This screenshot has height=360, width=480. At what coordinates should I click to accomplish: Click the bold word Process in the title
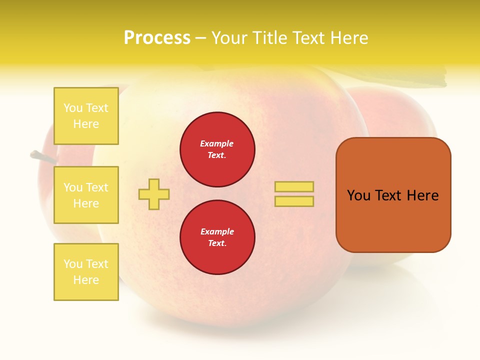[157, 38]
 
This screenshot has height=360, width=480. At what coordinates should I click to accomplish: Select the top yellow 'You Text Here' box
[86, 116]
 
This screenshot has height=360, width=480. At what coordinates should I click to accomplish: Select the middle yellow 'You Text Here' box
[86, 195]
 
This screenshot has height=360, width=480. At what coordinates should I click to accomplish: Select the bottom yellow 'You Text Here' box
[86, 272]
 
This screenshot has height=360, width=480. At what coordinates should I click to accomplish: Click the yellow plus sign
[154, 194]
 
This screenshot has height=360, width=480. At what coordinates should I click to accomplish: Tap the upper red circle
[217, 149]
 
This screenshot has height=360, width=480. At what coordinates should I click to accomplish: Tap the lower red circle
[217, 237]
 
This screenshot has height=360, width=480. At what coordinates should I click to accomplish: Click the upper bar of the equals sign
[294, 186]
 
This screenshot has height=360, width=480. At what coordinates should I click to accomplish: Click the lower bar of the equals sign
[294, 201]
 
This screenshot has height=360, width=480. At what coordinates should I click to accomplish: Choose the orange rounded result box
[393, 195]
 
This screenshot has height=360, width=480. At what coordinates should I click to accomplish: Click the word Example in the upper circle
[217, 143]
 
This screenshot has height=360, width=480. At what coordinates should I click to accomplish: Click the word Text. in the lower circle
[217, 243]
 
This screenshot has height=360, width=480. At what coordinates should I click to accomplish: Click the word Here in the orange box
[422, 195]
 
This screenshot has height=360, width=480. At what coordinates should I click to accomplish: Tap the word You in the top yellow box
[73, 108]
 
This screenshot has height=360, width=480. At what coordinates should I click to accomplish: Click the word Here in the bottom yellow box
[86, 280]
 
